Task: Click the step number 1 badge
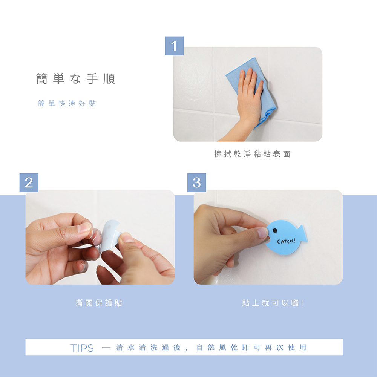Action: point(174,46)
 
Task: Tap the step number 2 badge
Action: point(29,182)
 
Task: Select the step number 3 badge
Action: point(197,182)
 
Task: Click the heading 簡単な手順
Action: point(75,79)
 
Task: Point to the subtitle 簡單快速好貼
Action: point(67,103)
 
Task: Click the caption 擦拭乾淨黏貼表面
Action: point(252,154)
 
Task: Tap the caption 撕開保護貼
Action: point(99,303)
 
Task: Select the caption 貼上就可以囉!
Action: point(273,303)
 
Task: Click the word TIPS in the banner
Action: point(82,348)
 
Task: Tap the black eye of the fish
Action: point(274,231)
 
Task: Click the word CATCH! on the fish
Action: point(286,241)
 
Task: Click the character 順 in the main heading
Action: point(109,79)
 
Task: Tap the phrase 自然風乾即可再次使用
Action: point(251,348)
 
